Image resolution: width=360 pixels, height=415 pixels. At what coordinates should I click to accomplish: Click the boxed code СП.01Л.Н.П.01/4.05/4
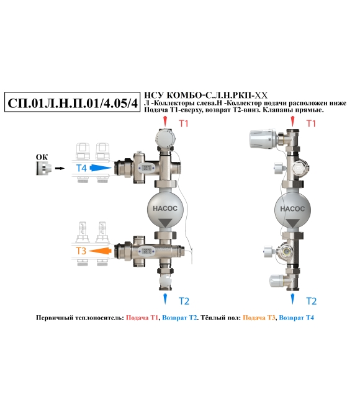pyautogui.click(x=73, y=102)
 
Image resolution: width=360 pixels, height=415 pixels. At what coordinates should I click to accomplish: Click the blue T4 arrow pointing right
pyautogui.click(x=101, y=168)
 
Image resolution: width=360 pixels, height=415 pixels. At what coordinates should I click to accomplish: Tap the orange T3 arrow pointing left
pyautogui.click(x=100, y=251)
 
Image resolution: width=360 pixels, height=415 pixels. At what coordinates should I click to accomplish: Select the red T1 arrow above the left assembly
pyautogui.click(x=165, y=121)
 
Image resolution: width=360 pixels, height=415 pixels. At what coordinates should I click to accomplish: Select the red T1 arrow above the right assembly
pyautogui.click(x=292, y=121)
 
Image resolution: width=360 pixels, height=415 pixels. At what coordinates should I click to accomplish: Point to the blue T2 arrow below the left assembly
pyautogui.click(x=165, y=298)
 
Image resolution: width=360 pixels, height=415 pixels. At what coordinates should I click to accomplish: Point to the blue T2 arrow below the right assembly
pyautogui.click(x=292, y=298)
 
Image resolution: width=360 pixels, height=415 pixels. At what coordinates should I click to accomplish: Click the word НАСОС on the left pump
pyautogui.click(x=165, y=208)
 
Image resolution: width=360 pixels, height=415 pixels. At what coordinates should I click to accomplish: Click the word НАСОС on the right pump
pyautogui.click(x=292, y=209)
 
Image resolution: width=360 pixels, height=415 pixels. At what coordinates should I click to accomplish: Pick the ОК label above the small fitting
pyautogui.click(x=42, y=157)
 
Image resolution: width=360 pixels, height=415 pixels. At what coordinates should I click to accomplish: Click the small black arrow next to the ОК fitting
pyautogui.click(x=60, y=168)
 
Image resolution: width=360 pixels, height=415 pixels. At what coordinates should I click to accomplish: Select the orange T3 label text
pyautogui.click(x=81, y=251)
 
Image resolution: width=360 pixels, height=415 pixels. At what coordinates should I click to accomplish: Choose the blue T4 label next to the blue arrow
pyautogui.click(x=81, y=168)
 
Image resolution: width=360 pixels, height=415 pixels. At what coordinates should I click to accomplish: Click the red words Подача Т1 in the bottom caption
pyautogui.click(x=142, y=318)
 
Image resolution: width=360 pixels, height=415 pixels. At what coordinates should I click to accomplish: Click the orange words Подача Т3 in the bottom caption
pyautogui.click(x=259, y=318)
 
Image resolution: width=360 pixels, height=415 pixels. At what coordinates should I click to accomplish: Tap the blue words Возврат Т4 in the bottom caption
pyautogui.click(x=297, y=318)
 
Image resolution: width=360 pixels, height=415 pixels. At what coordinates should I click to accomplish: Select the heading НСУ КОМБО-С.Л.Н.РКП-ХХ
pyautogui.click(x=205, y=95)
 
